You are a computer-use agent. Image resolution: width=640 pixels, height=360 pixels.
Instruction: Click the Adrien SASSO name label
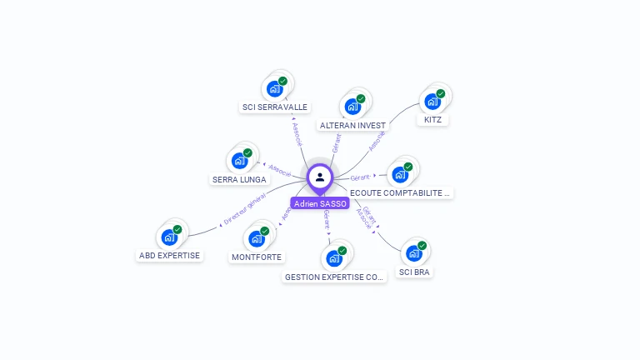[320, 203]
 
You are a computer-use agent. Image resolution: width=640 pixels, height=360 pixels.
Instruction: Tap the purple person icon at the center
[320, 177]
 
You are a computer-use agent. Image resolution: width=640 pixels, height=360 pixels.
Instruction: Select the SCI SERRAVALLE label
[275, 107]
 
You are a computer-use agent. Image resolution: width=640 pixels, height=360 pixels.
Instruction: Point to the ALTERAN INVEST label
[352, 126]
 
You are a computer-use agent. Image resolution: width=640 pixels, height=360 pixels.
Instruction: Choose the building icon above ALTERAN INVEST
[352, 107]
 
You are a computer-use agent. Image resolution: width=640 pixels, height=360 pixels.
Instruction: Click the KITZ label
[432, 119]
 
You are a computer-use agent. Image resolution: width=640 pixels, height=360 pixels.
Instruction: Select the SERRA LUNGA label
[239, 179]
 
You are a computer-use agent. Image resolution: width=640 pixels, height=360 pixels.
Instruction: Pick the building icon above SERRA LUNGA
[240, 161]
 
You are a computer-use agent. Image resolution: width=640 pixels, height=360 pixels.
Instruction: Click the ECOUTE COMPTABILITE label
[401, 192]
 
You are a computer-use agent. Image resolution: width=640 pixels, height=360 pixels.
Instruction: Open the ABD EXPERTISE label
[170, 255]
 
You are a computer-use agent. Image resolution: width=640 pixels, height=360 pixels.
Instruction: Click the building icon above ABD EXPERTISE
[170, 237]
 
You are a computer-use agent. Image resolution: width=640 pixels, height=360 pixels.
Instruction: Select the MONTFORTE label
[257, 257]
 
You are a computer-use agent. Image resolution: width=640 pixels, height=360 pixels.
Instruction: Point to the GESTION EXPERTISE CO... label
[335, 277]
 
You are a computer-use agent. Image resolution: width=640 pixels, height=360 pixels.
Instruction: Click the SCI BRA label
[414, 272]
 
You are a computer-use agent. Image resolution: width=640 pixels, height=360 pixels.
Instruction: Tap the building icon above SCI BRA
[414, 253]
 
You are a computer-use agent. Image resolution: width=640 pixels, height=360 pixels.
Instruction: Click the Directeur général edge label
[245, 212]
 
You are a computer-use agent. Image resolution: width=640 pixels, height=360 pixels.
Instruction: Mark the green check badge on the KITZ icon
[441, 93]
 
